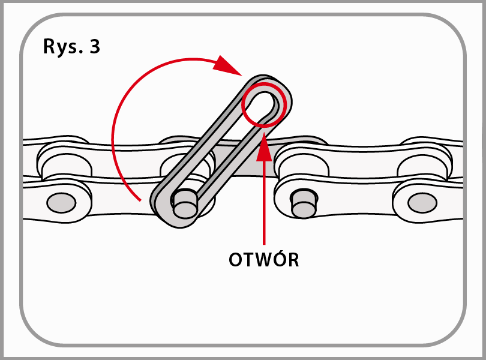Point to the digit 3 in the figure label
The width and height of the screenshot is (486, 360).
tap(94, 47)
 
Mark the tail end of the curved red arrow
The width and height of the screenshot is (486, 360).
tap(139, 199)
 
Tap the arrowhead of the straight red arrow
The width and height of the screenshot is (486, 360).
tap(263, 149)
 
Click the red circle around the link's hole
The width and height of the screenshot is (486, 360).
tap(262, 104)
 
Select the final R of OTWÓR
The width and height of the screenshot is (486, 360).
tap(293, 260)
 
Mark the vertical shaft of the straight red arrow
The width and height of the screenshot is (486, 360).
tap(263, 204)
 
